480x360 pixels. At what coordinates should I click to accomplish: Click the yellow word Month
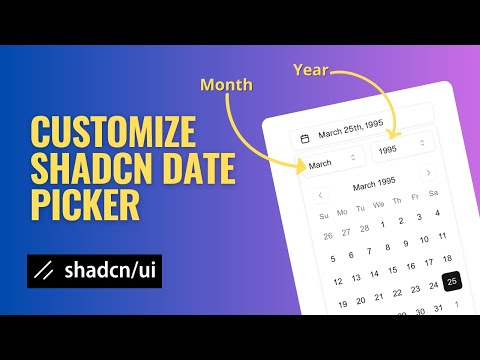click(226, 87)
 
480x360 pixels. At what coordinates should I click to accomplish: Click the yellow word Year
click(310, 70)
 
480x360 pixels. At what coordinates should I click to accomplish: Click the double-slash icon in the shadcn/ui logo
click(43, 271)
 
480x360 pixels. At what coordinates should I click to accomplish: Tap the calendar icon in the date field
click(304, 137)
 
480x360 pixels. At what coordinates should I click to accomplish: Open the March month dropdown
click(333, 161)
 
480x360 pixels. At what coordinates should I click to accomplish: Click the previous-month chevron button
click(320, 195)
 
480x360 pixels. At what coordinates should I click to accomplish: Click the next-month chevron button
click(429, 173)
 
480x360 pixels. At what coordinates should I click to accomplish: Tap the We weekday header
click(378, 205)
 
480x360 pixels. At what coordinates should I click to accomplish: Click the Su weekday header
click(323, 214)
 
